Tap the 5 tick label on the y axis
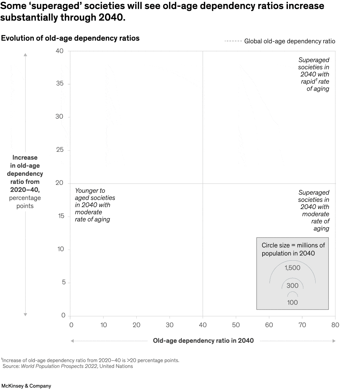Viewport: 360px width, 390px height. coord(63,282)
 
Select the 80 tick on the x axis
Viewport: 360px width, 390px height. coord(335,325)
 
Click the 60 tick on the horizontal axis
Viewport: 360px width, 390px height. coord(269,325)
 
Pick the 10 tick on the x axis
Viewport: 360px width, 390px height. coord(103,325)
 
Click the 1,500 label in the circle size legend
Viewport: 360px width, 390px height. coord(292,268)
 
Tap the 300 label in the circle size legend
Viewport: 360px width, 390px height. coord(292,286)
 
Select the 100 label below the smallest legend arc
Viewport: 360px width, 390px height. coord(292,302)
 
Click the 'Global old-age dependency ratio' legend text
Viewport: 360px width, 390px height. coord(290,41)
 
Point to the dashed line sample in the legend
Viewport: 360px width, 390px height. coord(233,41)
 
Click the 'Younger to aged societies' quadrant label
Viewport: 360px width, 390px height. coord(95,205)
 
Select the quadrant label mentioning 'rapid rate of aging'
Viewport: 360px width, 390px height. coord(313,74)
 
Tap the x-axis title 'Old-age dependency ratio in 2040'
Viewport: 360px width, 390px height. coord(203,341)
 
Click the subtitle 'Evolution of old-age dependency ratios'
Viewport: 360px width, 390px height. coord(70,38)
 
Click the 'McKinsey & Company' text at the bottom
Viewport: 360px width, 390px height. coord(26,386)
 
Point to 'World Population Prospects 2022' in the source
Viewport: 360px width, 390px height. coord(59,366)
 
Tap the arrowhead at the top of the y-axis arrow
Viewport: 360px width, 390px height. coord(25,55)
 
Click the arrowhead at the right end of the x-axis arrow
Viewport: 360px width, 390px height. coord(334,341)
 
